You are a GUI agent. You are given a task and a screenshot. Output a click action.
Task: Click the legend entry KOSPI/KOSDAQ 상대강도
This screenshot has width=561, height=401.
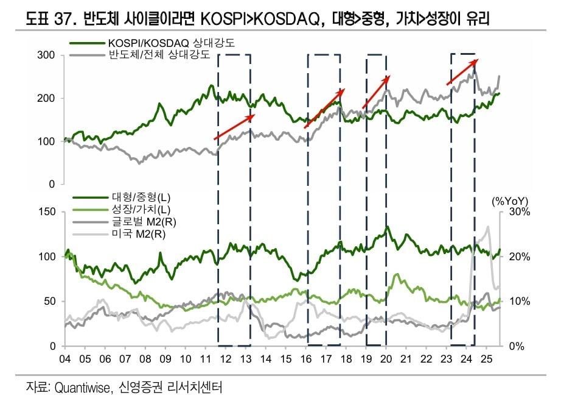tap(171, 44)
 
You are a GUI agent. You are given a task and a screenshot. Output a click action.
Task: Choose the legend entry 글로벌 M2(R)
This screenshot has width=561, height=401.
tap(141, 221)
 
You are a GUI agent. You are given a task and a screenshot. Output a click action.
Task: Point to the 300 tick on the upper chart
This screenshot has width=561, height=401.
tap(47, 55)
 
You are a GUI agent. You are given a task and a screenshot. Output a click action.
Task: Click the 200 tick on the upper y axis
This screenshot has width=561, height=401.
tap(47, 98)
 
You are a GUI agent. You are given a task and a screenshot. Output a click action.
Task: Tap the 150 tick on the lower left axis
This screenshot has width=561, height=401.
tap(47, 211)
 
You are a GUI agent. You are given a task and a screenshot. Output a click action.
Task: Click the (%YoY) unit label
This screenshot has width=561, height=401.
tap(509, 200)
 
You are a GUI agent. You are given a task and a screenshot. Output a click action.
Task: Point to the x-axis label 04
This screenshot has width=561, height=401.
tap(65, 358)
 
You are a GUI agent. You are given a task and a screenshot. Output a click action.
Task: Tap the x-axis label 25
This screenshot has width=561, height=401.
tap(487, 358)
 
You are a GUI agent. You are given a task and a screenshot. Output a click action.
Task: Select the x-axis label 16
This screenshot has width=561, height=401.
tap(306, 358)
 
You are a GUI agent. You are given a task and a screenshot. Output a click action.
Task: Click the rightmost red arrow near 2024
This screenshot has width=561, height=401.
tap(463, 71)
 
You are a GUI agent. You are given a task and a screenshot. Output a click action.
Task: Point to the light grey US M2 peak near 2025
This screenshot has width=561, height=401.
tap(487, 227)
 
